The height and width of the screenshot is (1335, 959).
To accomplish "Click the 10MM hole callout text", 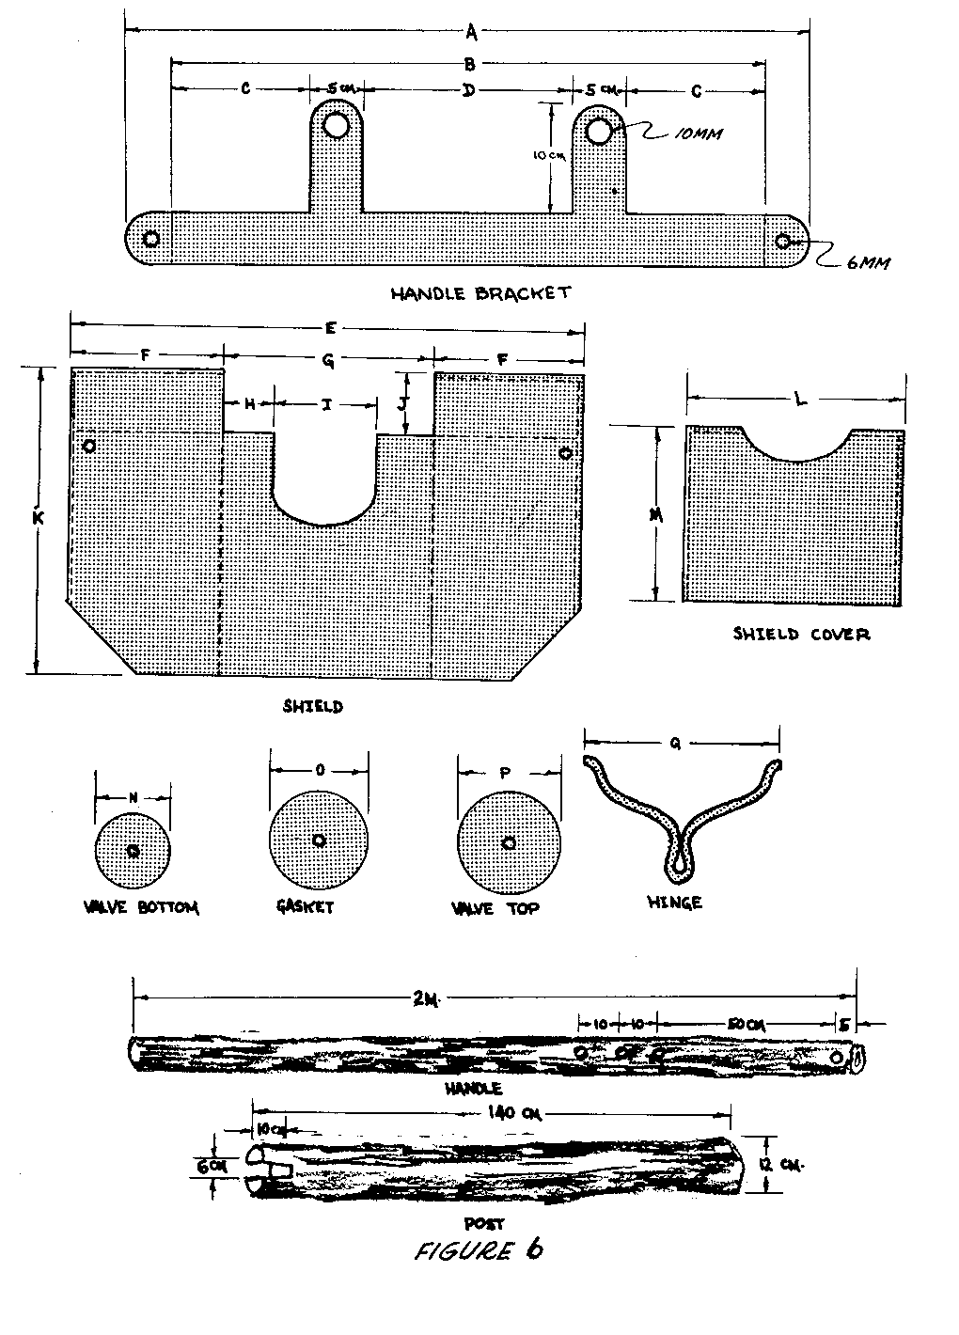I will pyautogui.click(x=699, y=133).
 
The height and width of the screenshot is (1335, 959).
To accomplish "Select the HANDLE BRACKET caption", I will pyautogui.click(x=479, y=292).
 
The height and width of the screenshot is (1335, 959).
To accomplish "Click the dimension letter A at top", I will pyautogui.click(x=472, y=34).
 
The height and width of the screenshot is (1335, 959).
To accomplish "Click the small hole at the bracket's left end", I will pyautogui.click(x=149, y=238).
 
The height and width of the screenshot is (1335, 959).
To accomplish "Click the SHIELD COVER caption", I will pyautogui.click(x=801, y=634).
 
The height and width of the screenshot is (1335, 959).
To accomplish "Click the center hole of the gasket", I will pyautogui.click(x=319, y=840).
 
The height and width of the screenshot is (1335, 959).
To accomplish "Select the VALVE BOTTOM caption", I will pyautogui.click(x=141, y=907).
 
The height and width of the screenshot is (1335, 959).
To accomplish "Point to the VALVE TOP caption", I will pyautogui.click(x=495, y=909).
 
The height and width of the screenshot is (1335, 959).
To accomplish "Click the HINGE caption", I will pyautogui.click(x=674, y=903).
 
